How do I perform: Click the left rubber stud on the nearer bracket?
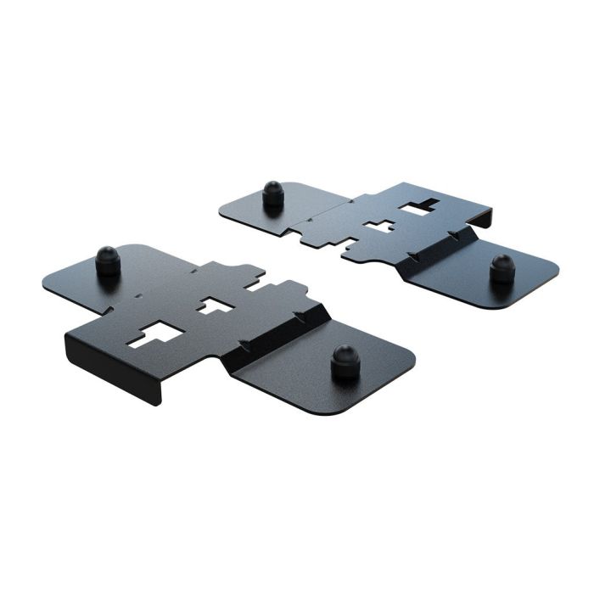pyautogui.click(x=108, y=261)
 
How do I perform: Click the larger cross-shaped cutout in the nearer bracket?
pyautogui.click(x=152, y=335)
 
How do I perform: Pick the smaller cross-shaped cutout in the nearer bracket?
pyautogui.click(x=216, y=305)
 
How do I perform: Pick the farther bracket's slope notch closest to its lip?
pyautogui.click(x=454, y=232)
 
